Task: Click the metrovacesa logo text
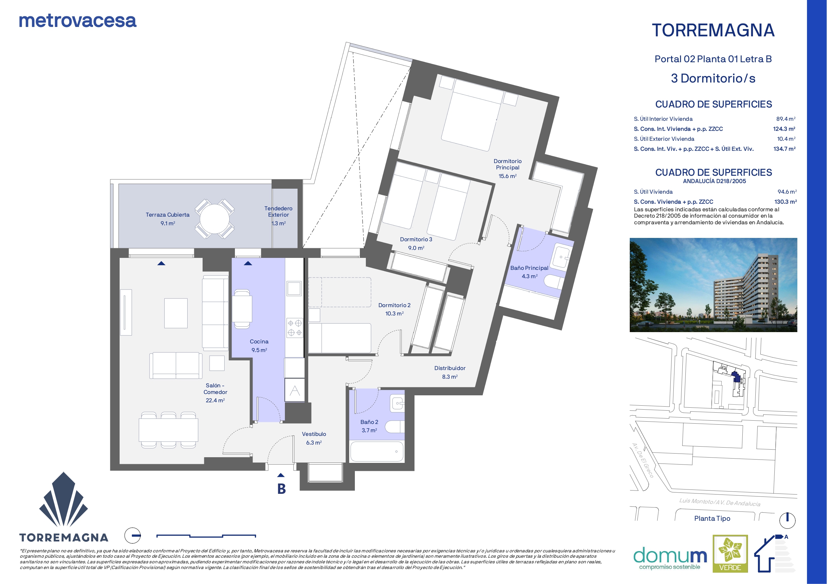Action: [x=78, y=21]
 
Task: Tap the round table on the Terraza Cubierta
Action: [x=215, y=219]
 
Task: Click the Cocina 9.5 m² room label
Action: [x=259, y=345]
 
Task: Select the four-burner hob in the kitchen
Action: [x=295, y=327]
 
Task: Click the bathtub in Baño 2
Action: [x=377, y=451]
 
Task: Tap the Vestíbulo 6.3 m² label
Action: [x=314, y=438]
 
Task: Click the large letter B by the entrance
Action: [x=281, y=488]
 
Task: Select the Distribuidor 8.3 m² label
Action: [x=450, y=372]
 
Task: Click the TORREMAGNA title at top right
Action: [x=713, y=30]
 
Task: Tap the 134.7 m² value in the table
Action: [x=784, y=149]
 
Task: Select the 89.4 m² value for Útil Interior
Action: [x=786, y=119]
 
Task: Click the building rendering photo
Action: [x=713, y=285]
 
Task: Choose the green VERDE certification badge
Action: [x=730, y=553]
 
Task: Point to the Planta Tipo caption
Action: [x=712, y=518]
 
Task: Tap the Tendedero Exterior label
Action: [x=279, y=212]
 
